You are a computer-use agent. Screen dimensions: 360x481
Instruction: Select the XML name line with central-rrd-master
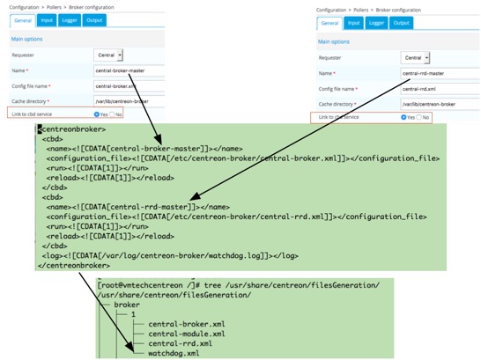point(132,206)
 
